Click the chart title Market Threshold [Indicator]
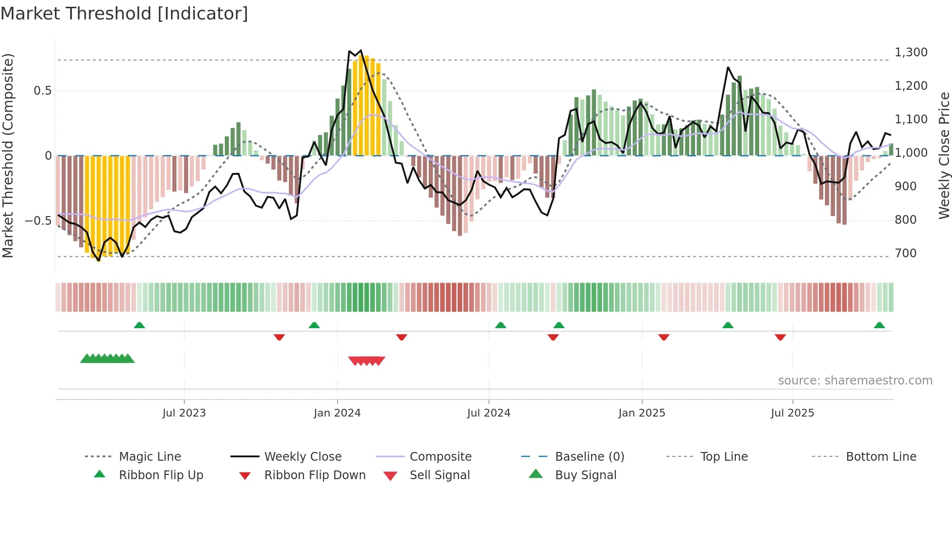click(124, 14)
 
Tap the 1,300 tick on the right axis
click(911, 52)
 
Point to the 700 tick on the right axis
click(905, 253)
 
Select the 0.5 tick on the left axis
click(42, 91)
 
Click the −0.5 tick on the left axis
click(38, 221)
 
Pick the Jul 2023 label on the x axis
click(184, 413)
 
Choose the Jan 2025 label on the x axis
click(642, 413)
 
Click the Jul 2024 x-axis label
click(489, 413)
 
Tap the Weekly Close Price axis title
click(944, 155)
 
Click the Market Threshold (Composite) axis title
click(8, 155)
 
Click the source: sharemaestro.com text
click(855, 381)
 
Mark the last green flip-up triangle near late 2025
click(879, 325)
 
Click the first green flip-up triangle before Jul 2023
click(139, 325)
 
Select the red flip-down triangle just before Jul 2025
click(780, 337)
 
